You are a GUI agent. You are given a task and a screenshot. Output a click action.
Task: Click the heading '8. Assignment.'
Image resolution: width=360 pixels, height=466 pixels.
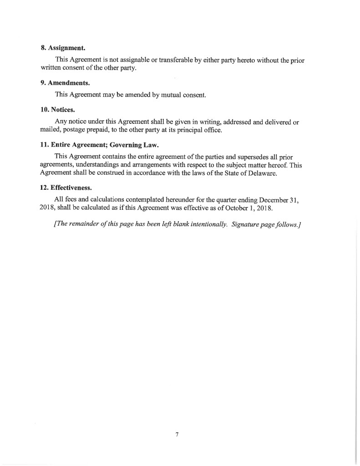click(x=63, y=47)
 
